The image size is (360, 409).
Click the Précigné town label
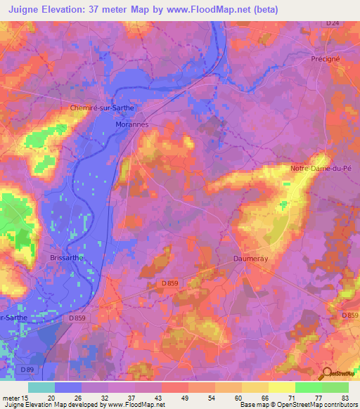pyautogui.click(x=326, y=59)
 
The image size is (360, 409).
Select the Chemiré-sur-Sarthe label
pyautogui.click(x=101, y=108)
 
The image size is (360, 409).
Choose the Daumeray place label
pyautogui.click(x=250, y=259)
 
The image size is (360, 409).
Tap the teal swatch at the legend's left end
pyautogui.click(x=41, y=387)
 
